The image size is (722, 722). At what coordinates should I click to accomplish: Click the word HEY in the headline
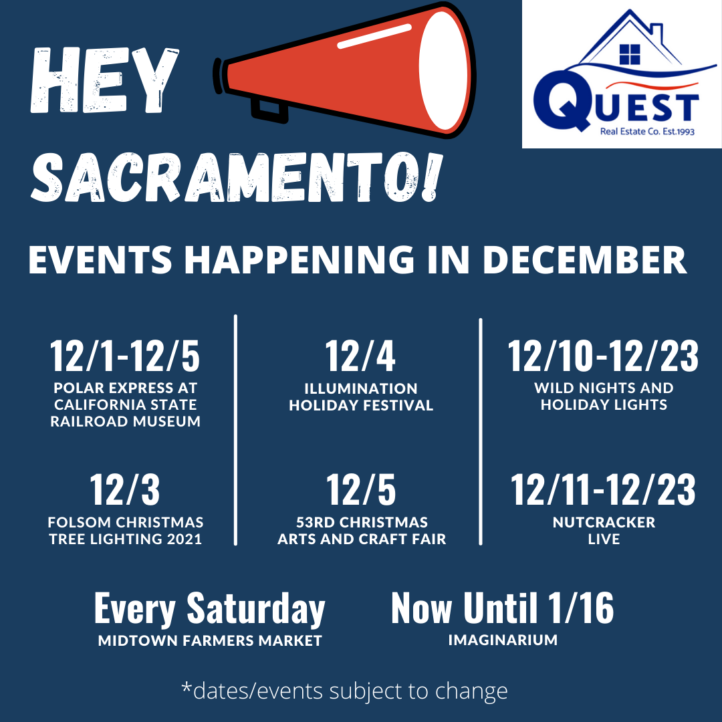point(104,81)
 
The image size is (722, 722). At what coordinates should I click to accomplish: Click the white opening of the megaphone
point(444,70)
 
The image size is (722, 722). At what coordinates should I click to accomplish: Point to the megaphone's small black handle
point(269,110)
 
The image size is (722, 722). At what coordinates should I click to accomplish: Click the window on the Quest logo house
point(630,54)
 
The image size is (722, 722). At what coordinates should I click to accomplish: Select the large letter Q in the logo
point(562,100)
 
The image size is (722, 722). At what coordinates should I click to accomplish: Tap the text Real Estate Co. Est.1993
point(647,132)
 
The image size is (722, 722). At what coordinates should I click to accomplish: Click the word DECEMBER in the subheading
point(584,260)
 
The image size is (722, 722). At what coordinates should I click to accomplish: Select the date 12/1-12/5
point(125,356)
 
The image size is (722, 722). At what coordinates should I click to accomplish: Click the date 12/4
point(360,356)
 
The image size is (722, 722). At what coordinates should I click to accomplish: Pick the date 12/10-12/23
point(603,356)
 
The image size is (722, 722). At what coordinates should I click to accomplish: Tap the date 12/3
point(125,490)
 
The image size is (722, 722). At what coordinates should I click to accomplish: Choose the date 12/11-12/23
point(603,490)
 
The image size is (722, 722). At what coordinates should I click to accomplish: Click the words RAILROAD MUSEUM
point(125,421)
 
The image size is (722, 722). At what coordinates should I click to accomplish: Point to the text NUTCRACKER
point(604,522)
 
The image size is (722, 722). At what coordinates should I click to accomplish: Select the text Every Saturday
point(209,610)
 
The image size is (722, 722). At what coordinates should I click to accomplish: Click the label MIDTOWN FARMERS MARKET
point(210,640)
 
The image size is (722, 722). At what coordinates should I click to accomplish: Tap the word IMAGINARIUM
point(503,640)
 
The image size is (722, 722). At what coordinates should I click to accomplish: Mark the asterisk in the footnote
point(186,687)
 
